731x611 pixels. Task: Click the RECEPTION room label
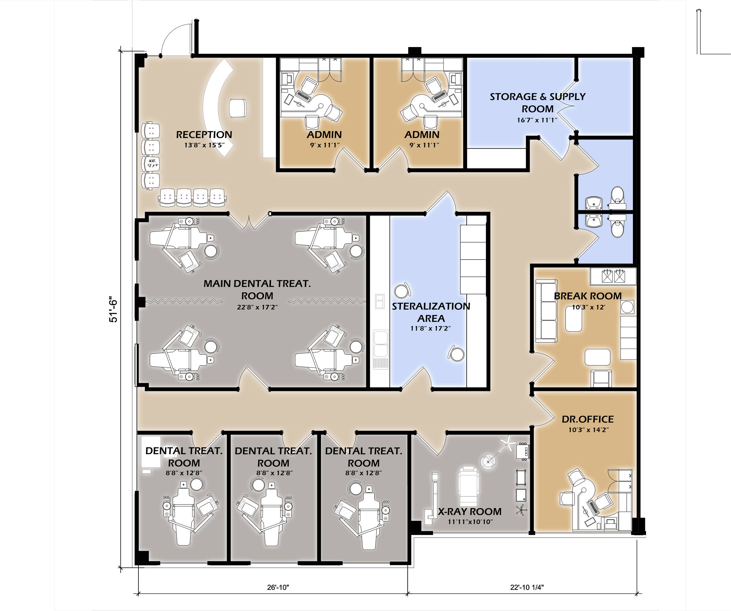coord(204,135)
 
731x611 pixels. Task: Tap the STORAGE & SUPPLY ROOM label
coord(538,103)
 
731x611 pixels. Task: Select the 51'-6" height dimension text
coord(113,309)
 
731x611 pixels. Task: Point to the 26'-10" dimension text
coord(278,587)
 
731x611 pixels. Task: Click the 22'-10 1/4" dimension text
coord(527,587)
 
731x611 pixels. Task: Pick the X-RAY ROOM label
coord(470,511)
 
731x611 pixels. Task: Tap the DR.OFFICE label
coord(588,419)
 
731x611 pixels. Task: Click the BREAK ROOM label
coord(588,296)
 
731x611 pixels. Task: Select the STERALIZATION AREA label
coord(431,312)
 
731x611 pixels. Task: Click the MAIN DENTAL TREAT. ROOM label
coord(257,290)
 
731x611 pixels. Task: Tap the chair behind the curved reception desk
coord(238,108)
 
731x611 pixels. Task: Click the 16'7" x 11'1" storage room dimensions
coord(537,120)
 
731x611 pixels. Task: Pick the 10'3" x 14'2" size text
coord(589,430)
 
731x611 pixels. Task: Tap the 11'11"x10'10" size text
coord(470,521)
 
